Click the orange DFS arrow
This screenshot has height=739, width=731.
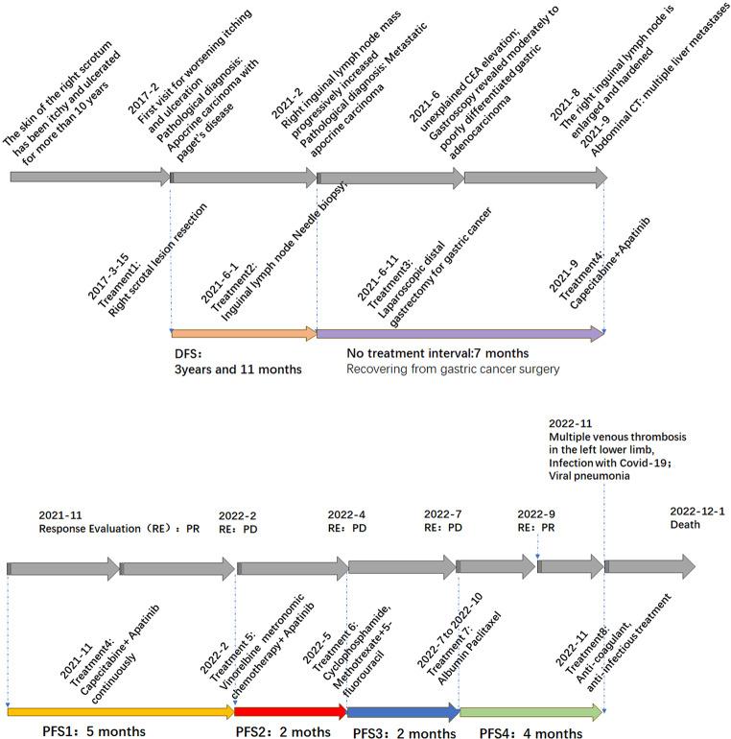coord(244,334)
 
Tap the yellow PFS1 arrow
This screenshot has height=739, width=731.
coord(121,711)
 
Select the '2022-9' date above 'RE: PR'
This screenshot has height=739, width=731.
coord(536,512)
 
